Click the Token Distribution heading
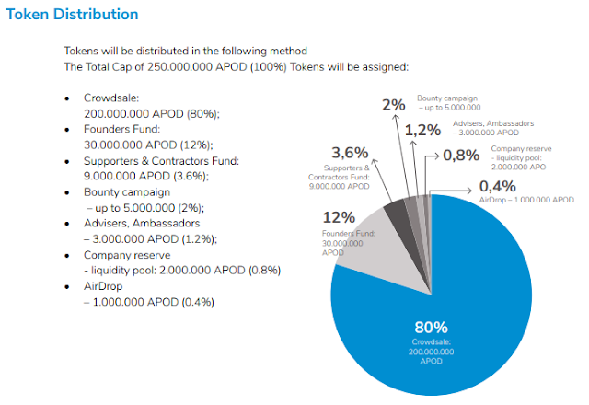tap(73, 15)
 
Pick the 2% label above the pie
tap(393, 105)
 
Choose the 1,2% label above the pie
tap(422, 130)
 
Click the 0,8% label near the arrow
tap(461, 155)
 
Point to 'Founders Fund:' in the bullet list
tap(122, 129)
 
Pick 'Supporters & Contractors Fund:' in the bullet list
tap(161, 161)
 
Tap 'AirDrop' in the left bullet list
tap(104, 286)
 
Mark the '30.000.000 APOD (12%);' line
tap(147, 145)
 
